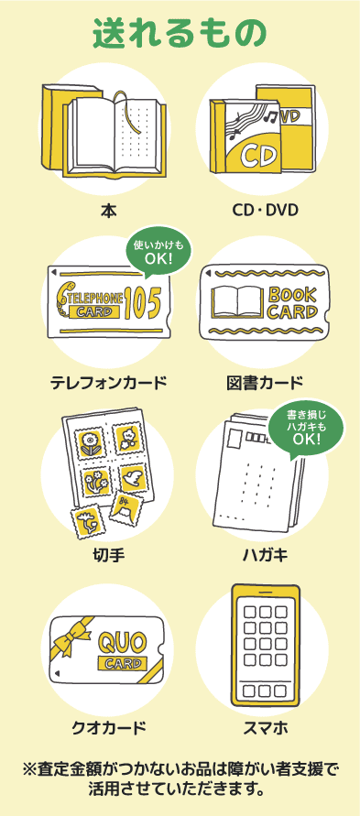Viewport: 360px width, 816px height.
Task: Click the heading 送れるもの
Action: (x=180, y=33)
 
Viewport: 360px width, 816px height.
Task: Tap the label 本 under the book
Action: (x=108, y=211)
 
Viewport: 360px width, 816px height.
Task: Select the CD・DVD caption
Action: (x=265, y=211)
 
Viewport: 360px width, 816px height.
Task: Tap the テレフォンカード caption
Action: (x=108, y=383)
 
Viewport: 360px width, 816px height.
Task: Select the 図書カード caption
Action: (x=265, y=383)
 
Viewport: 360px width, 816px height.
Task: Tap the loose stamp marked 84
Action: (x=126, y=509)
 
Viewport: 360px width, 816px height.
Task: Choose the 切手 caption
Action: (x=108, y=556)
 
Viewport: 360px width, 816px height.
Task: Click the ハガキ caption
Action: (x=265, y=556)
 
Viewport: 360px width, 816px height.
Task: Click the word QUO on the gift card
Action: (x=123, y=644)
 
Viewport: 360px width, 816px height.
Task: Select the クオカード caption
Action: (x=108, y=727)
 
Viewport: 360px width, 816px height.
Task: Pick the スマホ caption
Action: (x=266, y=727)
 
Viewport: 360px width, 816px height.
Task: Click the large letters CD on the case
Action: (x=258, y=156)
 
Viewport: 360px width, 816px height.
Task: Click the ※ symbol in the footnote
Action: (x=28, y=769)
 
